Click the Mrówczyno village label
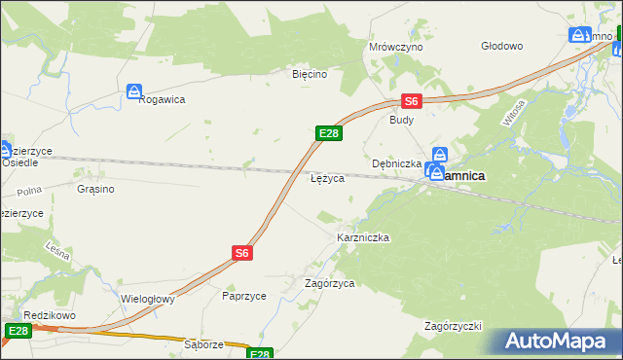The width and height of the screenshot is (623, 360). (395, 46)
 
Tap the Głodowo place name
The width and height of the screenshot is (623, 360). (502, 46)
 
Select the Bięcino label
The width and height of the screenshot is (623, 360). (310, 73)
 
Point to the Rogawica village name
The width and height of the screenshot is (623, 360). (162, 98)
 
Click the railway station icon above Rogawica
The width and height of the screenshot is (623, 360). (134, 91)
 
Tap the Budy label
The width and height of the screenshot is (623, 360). (401, 121)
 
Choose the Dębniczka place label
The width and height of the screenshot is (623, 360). (396, 163)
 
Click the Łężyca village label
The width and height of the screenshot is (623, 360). (326, 180)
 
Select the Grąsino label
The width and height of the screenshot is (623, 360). (95, 189)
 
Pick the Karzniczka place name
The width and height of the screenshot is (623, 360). (363, 237)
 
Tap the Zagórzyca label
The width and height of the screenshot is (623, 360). (329, 283)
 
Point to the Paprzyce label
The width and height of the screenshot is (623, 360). (243, 296)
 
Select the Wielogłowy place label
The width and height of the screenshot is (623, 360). (147, 299)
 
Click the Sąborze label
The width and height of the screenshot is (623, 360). (204, 344)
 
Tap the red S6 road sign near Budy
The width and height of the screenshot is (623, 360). (412, 100)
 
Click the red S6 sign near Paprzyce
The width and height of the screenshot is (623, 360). (242, 252)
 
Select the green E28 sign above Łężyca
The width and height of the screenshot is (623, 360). (328, 133)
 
